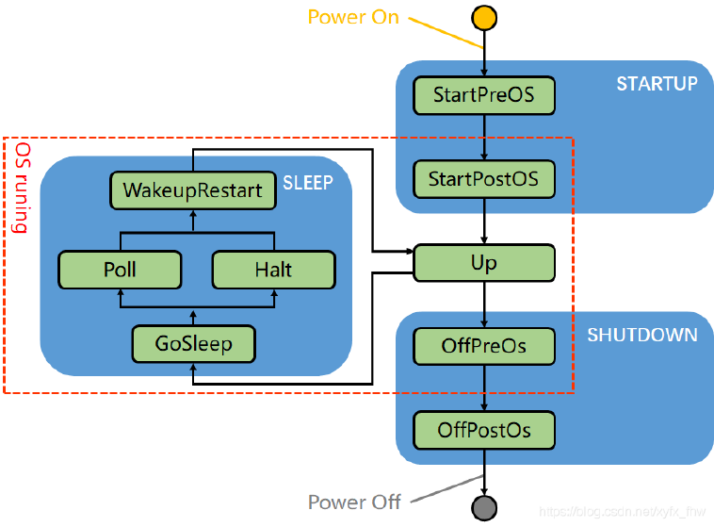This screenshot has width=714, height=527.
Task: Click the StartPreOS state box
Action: [x=484, y=95]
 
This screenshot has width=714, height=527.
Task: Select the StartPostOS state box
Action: [x=484, y=178]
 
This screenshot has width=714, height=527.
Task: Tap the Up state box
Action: [x=484, y=262]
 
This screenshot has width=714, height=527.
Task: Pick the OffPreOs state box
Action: [x=484, y=346]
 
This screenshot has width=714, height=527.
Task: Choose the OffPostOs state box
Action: [x=484, y=430]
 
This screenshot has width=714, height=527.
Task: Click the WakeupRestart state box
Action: [x=192, y=189]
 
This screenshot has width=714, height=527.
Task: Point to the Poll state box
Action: [x=120, y=270]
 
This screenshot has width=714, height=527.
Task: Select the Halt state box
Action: [x=273, y=270]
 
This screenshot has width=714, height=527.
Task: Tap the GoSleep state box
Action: [x=192, y=343]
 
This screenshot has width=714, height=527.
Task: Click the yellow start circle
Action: [x=484, y=18]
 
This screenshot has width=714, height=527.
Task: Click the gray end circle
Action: [x=484, y=509]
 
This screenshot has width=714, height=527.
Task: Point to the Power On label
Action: [x=353, y=17]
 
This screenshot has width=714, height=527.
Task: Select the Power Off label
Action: [x=354, y=502]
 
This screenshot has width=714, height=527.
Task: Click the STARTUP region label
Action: [x=657, y=84]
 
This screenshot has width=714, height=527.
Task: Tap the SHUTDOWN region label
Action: [x=642, y=335]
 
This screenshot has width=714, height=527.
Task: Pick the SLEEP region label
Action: [x=308, y=182]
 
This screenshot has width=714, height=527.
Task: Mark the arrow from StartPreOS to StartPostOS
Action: [x=484, y=137]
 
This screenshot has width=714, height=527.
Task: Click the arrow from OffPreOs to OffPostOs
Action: [x=484, y=387]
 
